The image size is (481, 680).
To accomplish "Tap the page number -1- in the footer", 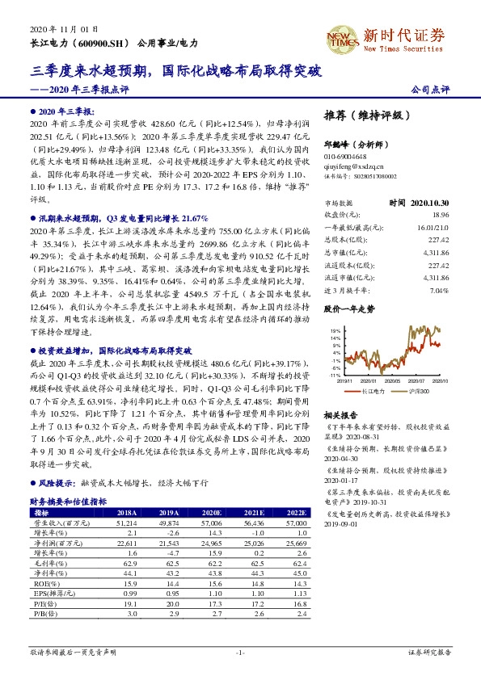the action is pyautogui.click(x=240, y=652).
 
